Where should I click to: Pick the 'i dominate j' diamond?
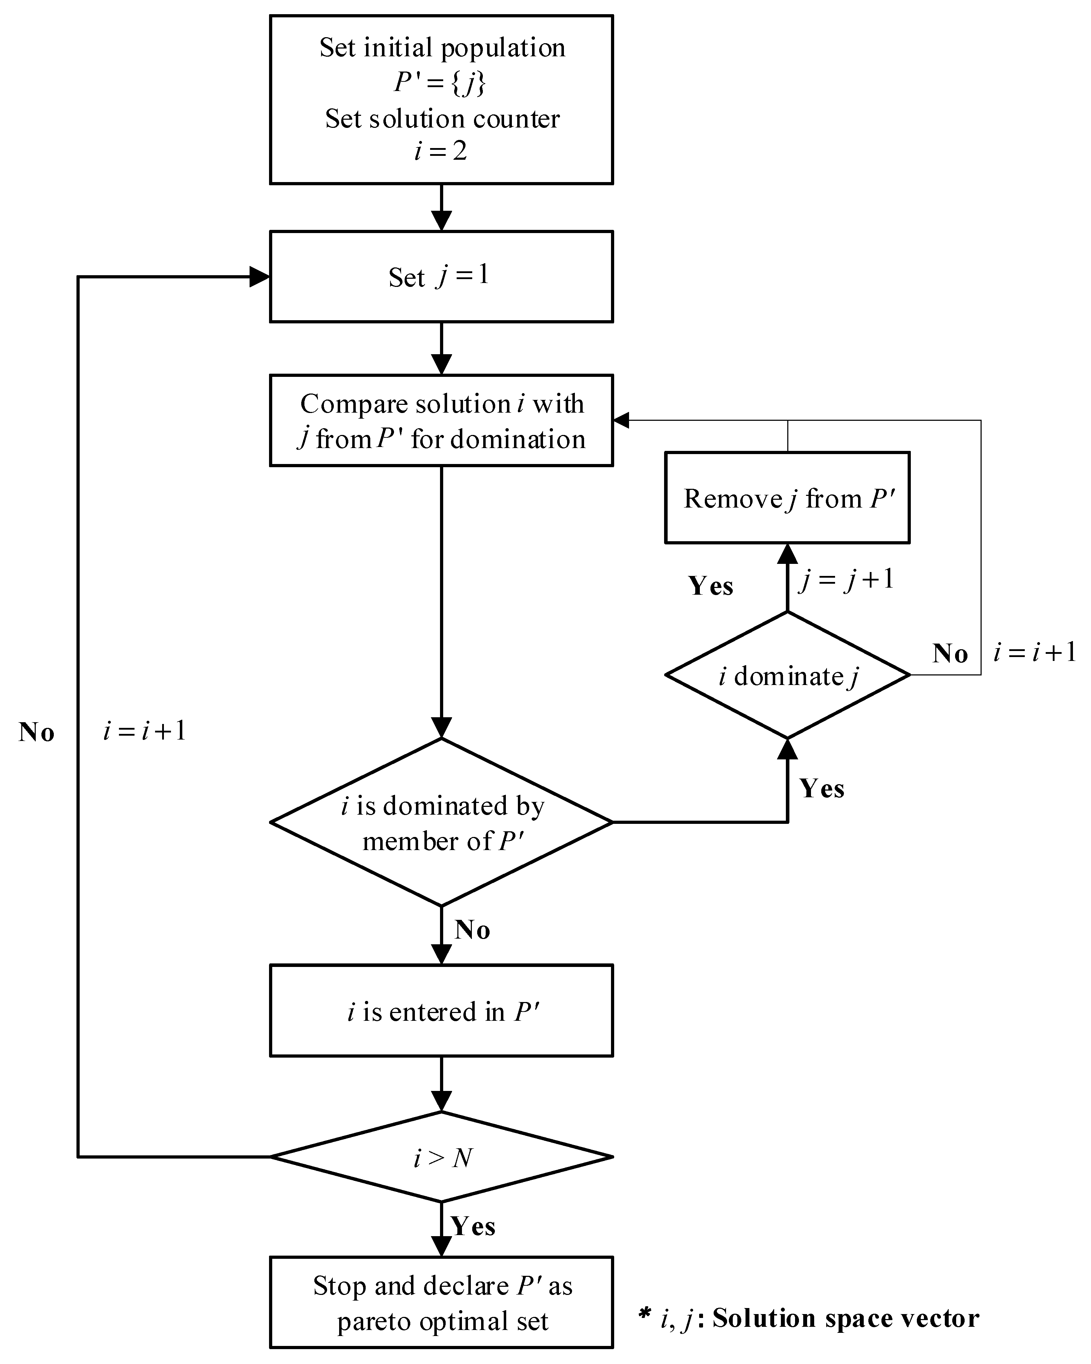(x=787, y=675)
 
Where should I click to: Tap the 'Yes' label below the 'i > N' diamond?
(x=473, y=1226)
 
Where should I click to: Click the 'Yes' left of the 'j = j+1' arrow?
(x=710, y=586)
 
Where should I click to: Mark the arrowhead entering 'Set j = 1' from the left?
(x=259, y=277)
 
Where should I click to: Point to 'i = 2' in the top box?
(x=441, y=151)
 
